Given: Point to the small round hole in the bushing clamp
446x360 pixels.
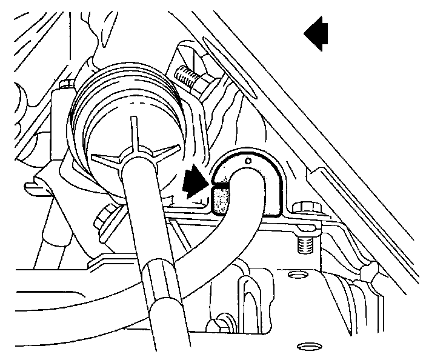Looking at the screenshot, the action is [248, 162].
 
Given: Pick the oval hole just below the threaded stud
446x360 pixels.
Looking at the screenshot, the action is [297, 276].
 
